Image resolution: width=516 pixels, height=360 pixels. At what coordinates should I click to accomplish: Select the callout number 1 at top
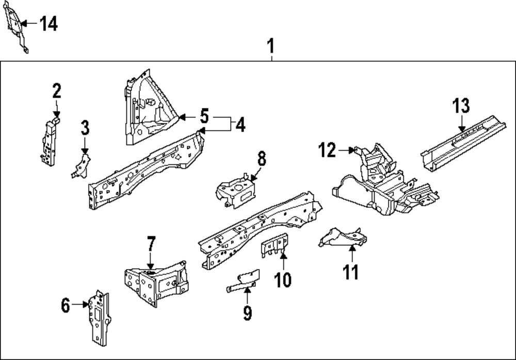[x=271, y=47]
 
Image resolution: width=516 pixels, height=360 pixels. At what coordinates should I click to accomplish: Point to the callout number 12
[x=327, y=150]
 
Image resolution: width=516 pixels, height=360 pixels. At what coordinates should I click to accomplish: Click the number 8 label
[x=262, y=159]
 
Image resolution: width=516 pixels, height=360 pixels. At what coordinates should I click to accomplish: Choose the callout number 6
[x=65, y=306]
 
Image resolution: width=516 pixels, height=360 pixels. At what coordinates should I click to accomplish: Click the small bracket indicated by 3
[x=80, y=165]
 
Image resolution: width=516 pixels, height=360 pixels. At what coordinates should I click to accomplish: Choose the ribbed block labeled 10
[x=275, y=244]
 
